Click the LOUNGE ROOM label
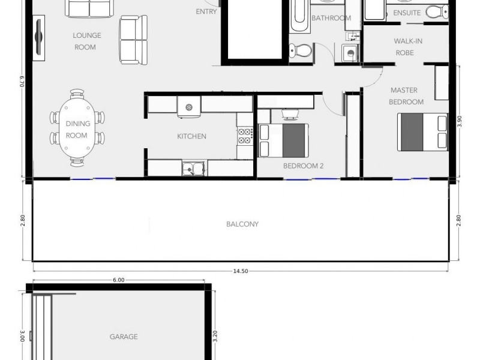87,41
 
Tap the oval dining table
77,128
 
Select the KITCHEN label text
191,136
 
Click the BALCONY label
242,224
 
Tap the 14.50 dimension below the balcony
240,271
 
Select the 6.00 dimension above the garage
118,280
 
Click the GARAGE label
124,337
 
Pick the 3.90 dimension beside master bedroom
460,121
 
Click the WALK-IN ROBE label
406,47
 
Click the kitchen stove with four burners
245,136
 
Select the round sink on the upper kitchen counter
189,107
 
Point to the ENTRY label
206,11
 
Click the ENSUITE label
407,12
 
